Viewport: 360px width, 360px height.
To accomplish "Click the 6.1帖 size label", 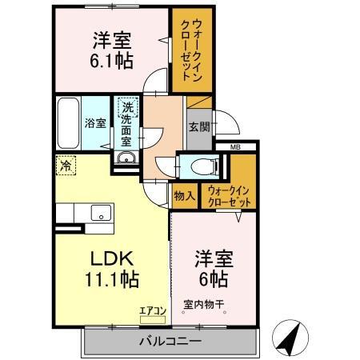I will (x=111, y=60).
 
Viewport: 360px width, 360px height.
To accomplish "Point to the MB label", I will (x=235, y=147).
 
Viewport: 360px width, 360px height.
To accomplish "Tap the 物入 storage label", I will (x=183, y=194).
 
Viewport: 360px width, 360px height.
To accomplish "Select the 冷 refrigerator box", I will (x=65, y=166).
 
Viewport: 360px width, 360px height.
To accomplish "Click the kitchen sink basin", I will (x=101, y=212).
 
